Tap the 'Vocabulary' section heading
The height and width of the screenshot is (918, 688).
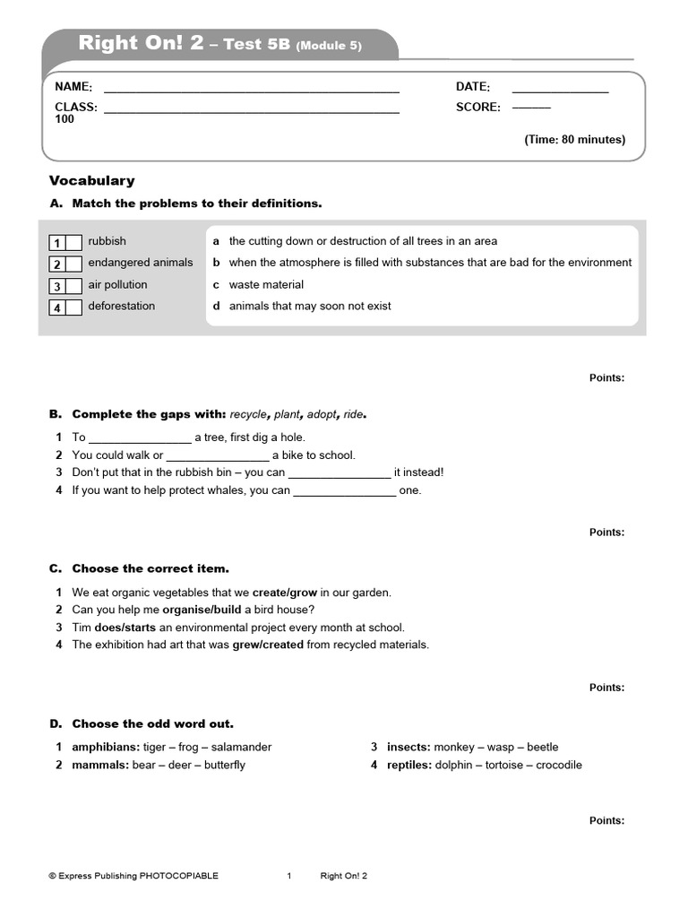(x=91, y=180)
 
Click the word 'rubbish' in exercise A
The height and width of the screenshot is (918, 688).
(x=107, y=241)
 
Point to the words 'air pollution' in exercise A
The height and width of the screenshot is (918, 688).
(x=117, y=284)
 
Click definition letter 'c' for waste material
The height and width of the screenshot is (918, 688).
(x=216, y=284)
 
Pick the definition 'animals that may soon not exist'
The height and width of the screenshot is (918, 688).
(x=310, y=306)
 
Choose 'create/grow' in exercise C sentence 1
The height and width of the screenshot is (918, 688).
(x=285, y=593)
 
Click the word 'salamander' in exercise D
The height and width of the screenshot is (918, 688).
(x=236, y=747)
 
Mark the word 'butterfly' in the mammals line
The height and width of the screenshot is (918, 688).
(x=224, y=765)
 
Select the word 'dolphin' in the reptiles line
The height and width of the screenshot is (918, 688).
(x=452, y=765)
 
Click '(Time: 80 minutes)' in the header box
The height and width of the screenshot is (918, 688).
(x=574, y=140)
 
